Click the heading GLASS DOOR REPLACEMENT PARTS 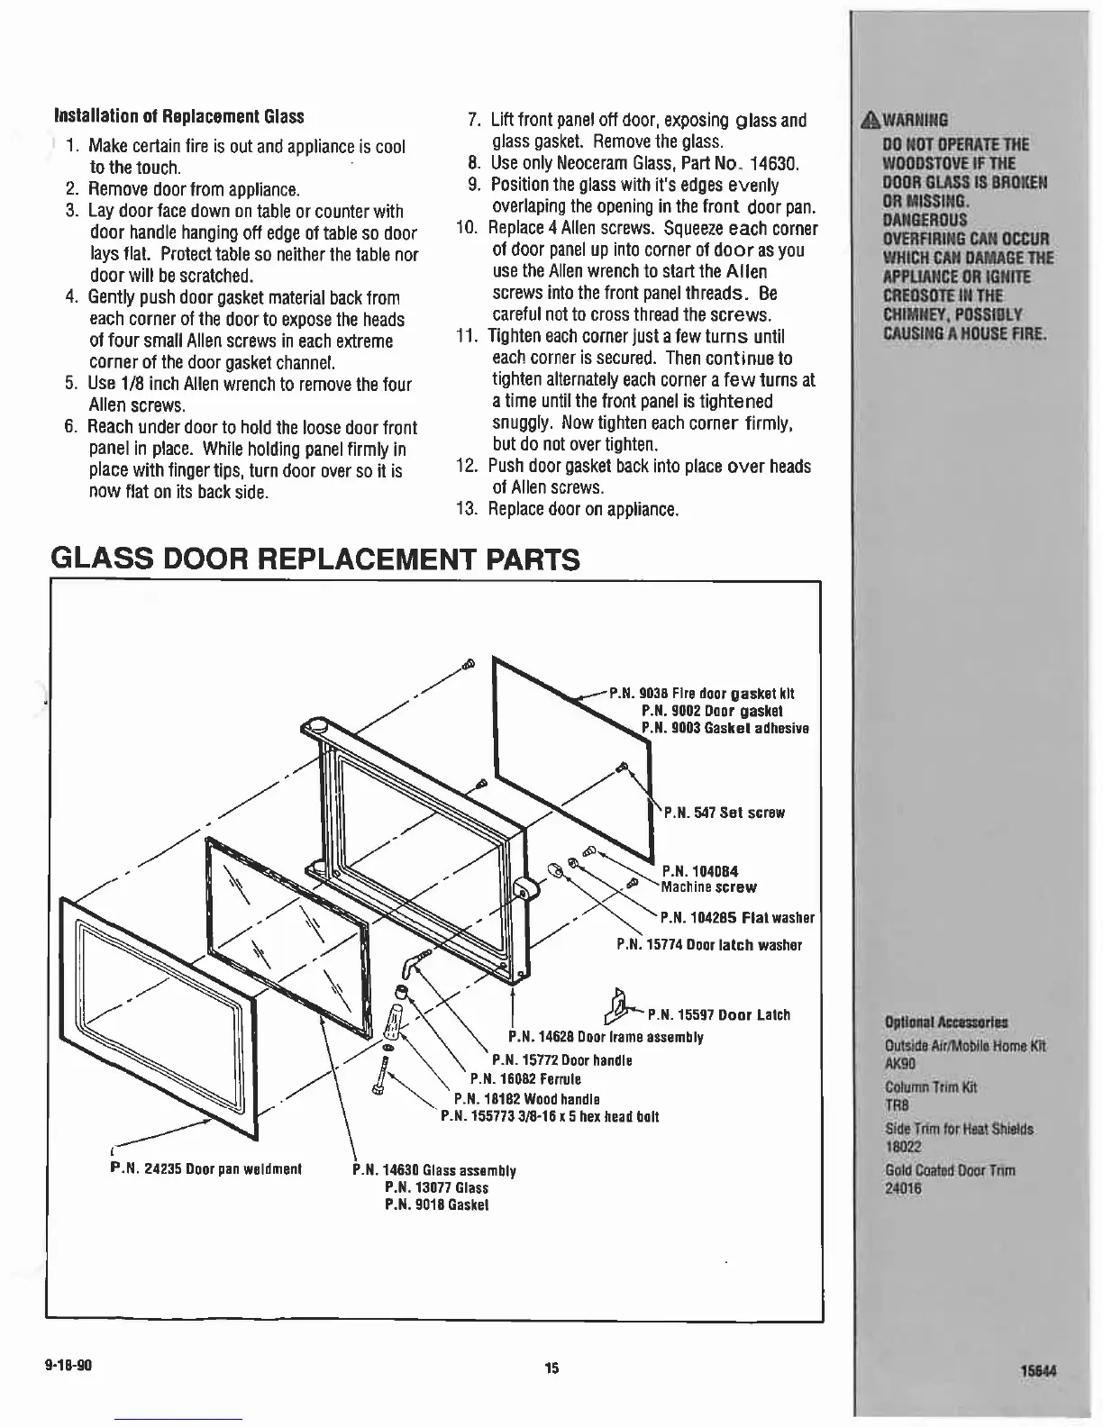click(315, 559)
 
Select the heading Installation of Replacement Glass click(179, 117)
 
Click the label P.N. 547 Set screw click(725, 813)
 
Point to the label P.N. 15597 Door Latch click(719, 1015)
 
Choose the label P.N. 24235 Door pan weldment click(205, 1168)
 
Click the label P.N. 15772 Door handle click(561, 1060)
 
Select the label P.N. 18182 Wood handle click(527, 1098)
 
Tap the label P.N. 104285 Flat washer click(737, 919)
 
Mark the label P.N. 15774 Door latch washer click(709, 945)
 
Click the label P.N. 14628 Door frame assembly click(606, 1037)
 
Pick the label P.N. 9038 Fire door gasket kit click(702, 694)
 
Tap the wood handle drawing click(394, 1022)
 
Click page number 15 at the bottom click(551, 1368)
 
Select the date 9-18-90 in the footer click(68, 1364)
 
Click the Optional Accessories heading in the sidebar click(946, 1023)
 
